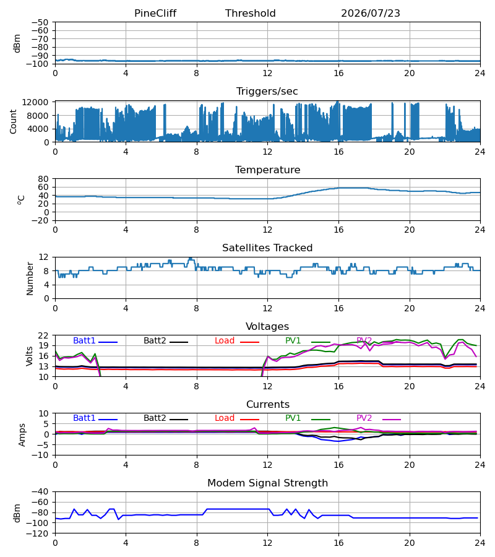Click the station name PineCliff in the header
[x=155, y=13]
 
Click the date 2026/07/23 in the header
[x=371, y=13]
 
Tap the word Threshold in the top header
[x=251, y=13]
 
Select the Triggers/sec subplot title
[x=267, y=92]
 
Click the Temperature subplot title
[x=267, y=170]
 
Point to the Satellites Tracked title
[x=267, y=248]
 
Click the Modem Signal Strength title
[x=267, y=483]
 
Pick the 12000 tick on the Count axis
[x=35, y=102]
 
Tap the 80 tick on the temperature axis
[x=43, y=179]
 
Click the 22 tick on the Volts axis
[x=43, y=335]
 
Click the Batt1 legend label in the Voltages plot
[x=84, y=340]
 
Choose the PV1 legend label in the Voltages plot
[x=293, y=340]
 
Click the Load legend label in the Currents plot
[x=225, y=418]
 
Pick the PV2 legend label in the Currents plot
[x=364, y=418]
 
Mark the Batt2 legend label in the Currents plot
[x=155, y=418]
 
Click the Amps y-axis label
[x=22, y=434]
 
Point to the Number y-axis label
[x=30, y=278]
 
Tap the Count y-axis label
[x=14, y=121]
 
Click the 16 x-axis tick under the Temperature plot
[x=338, y=230]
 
